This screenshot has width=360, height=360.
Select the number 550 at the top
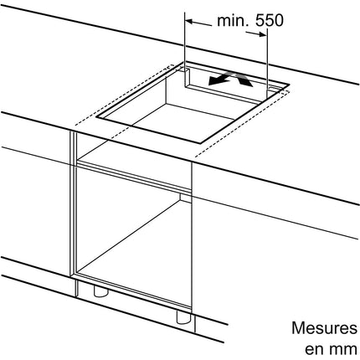tap(270, 20)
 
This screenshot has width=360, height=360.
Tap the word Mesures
tap(324, 328)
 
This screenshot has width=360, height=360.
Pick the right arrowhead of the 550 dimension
tap(263, 34)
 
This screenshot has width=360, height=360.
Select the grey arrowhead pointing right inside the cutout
tap(246, 81)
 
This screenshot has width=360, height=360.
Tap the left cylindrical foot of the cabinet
tap(100, 291)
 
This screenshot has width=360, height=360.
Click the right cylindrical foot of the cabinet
tap(183, 316)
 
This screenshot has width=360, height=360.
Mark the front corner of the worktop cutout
tap(200, 143)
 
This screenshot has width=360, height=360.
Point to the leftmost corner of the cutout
tap(96, 117)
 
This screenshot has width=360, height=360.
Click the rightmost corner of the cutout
tap(289, 84)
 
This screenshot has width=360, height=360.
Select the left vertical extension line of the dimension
tap(185, 49)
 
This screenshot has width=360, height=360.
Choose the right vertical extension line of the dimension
tap(267, 62)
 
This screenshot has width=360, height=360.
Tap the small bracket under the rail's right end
tap(186, 198)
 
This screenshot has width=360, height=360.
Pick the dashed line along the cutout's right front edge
tap(243, 124)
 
